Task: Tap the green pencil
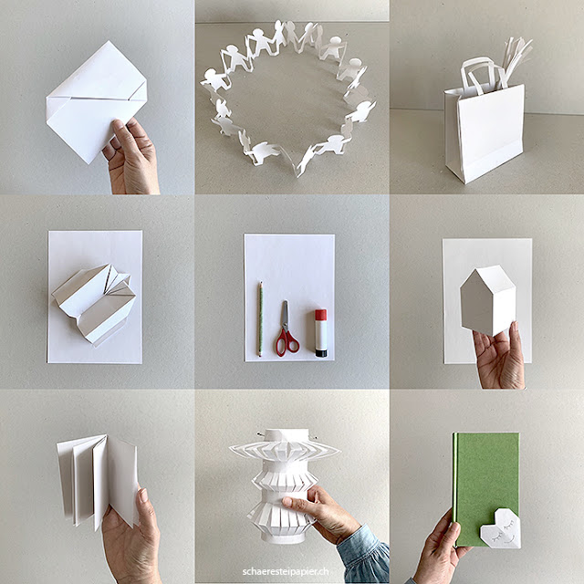(260, 318)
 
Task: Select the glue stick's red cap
(320, 314)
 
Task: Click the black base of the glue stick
(321, 352)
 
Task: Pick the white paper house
(488, 300)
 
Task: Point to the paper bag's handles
(481, 75)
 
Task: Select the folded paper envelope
(96, 101)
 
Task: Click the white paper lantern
(284, 485)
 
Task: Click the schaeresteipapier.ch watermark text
(286, 572)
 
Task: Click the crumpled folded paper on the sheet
(94, 302)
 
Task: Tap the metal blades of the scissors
(285, 316)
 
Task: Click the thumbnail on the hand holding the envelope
(118, 125)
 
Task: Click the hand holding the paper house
(500, 356)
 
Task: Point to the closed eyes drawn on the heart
(501, 529)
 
